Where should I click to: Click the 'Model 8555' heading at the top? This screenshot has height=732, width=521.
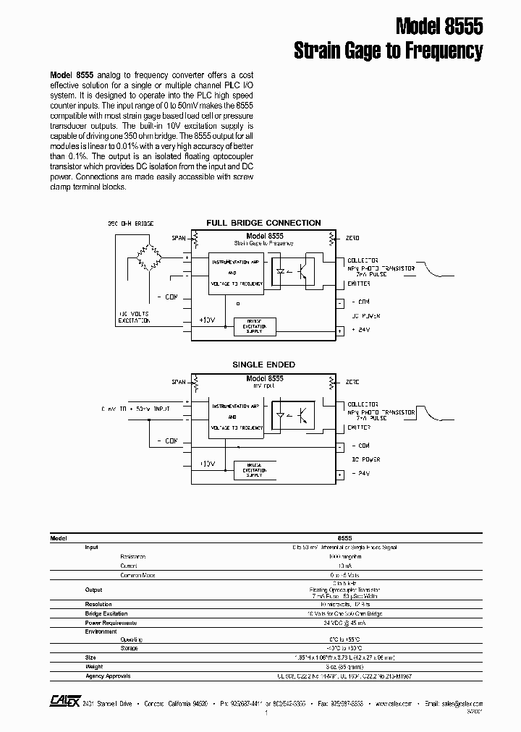(439, 27)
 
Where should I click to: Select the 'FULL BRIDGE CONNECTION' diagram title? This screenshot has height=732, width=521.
(263, 223)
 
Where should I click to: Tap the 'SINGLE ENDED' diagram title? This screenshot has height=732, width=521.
(263, 365)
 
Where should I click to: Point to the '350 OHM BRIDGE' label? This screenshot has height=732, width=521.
(131, 224)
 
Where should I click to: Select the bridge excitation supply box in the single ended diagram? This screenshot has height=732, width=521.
(254, 470)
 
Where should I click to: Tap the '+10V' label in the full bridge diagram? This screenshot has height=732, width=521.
(207, 319)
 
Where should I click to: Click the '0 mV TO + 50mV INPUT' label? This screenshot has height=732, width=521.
(137, 409)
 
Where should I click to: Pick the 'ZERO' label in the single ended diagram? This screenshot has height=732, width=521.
(352, 381)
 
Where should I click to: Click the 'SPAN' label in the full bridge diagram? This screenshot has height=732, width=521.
(178, 238)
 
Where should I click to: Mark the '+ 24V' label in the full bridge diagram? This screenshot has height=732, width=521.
(360, 330)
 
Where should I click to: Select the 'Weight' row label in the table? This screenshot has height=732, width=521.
(95, 666)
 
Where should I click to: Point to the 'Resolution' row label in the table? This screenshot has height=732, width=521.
(98, 603)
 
